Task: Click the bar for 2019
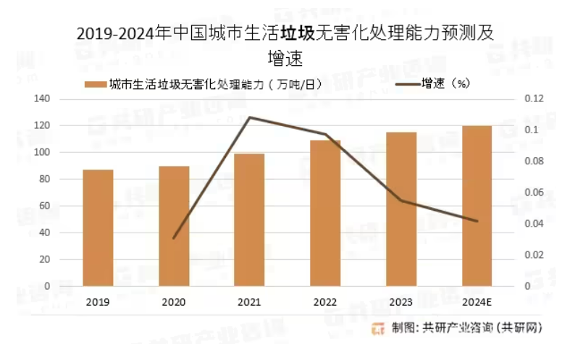click(98, 227)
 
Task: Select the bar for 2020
click(174, 226)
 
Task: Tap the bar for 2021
click(249, 219)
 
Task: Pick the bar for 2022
click(325, 213)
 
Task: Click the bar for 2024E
click(477, 206)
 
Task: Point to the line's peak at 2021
click(249, 117)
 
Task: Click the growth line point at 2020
click(174, 238)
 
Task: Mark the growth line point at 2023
click(401, 200)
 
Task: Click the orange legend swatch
click(95, 84)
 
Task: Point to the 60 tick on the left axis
click(45, 206)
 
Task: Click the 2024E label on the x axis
click(477, 302)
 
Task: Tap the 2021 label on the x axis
click(249, 302)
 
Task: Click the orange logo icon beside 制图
click(378, 328)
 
